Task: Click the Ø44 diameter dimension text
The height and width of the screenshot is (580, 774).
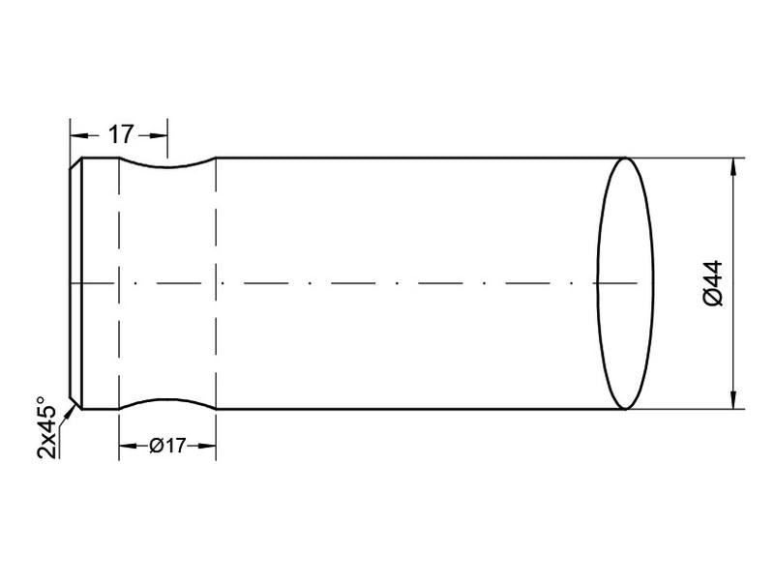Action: click(x=714, y=284)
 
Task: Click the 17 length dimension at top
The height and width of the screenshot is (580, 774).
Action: click(x=119, y=134)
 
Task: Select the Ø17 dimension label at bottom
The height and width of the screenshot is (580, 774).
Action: click(x=166, y=447)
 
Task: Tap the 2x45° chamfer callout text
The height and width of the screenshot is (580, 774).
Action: click(x=45, y=426)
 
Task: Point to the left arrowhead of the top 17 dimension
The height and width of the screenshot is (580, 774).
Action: click(x=77, y=134)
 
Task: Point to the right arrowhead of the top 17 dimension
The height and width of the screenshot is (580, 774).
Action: click(x=161, y=134)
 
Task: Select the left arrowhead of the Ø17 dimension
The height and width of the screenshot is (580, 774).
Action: click(x=125, y=447)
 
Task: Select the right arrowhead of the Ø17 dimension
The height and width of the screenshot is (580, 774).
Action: click(x=207, y=447)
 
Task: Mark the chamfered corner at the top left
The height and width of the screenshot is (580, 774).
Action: click(x=75, y=164)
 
